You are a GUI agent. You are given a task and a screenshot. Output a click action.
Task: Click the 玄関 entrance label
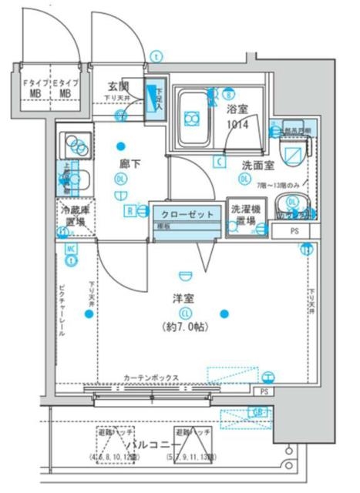117,86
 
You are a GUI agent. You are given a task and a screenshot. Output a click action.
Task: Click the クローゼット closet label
187,213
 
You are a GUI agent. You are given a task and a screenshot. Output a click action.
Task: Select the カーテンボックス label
151,377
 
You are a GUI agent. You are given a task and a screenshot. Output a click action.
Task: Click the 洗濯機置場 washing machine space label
245,215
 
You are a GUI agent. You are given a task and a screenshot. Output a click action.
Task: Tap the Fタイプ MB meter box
35,87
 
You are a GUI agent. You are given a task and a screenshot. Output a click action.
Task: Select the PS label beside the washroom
294,231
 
